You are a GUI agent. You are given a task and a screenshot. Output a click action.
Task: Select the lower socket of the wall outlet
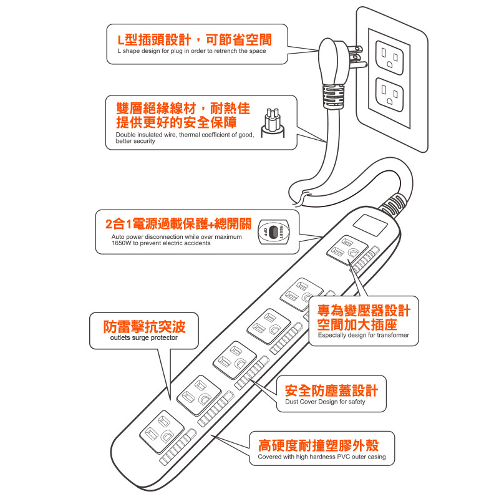(389, 95)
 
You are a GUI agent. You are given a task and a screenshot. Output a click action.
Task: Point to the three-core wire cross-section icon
(273, 123)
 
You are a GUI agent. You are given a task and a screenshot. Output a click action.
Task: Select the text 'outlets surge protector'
(144, 337)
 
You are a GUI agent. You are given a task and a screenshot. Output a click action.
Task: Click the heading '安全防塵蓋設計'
(331, 390)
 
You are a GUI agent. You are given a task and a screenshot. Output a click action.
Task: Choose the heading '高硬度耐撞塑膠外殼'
(318, 445)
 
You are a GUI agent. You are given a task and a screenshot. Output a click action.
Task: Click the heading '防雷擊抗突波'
(144, 326)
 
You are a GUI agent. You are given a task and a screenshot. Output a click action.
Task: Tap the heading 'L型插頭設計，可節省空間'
(195, 40)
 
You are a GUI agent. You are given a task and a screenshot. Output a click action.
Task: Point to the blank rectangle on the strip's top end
(370, 225)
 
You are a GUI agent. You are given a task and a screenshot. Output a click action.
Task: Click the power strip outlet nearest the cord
(347, 250)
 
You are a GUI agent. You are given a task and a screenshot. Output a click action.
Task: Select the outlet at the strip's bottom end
(162, 432)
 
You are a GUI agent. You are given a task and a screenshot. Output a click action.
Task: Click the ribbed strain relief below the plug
(333, 97)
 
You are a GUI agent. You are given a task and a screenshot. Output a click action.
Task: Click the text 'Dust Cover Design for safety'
(325, 402)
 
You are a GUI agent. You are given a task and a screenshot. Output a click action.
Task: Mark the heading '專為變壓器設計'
(364, 311)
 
